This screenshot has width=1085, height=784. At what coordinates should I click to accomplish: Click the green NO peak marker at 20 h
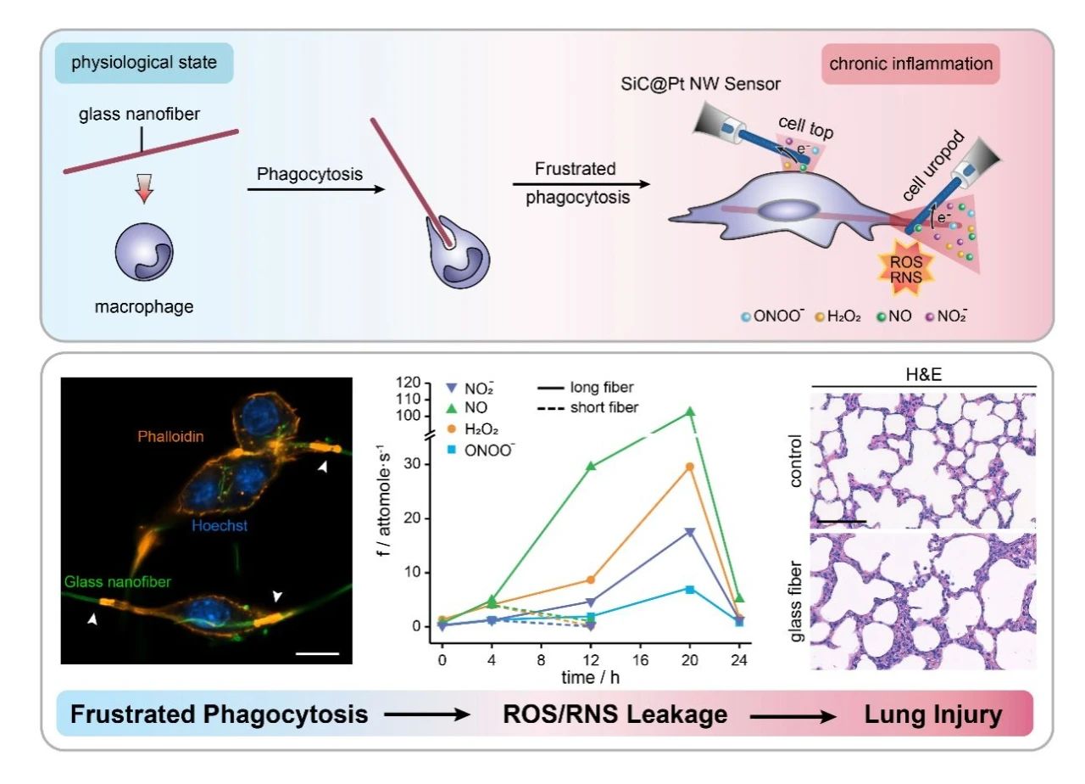690,412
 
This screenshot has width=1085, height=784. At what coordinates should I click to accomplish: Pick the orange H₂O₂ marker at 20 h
690,467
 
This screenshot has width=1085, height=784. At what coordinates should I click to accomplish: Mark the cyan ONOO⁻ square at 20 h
690,589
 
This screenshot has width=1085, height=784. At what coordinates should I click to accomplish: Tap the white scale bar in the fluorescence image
318,653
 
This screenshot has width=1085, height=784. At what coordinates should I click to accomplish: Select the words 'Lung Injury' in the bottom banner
932,714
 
